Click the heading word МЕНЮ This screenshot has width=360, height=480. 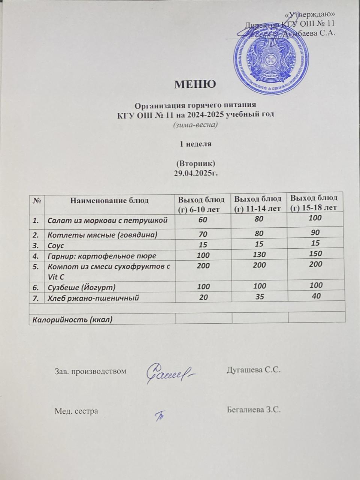coord(195,84)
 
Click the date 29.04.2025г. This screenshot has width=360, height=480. coord(196,173)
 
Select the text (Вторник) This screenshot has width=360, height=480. coord(196,164)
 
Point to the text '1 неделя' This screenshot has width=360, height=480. coord(196,144)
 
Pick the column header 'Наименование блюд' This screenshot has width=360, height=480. coord(109,200)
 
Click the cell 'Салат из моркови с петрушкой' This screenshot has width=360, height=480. coord(107,220)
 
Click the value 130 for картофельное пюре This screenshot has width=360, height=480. coord(259,254)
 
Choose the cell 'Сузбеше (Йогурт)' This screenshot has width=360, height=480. coord(81,287)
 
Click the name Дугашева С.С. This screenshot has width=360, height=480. coord(254,370)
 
